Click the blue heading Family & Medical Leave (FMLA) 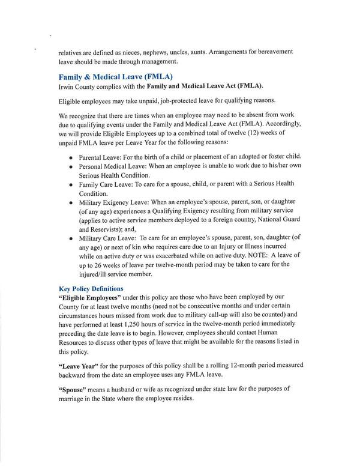point(115,77)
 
